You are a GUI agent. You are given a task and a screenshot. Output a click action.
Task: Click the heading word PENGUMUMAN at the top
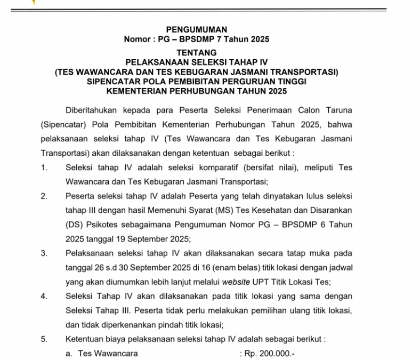coord(197,29)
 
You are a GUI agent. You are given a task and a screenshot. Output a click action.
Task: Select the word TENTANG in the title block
coord(197,53)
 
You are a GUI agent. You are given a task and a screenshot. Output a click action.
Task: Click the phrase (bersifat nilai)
coord(252,167)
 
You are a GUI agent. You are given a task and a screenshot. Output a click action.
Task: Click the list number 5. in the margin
coord(44,339)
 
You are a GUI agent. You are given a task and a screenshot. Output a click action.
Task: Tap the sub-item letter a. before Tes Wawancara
coord(69,353)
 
